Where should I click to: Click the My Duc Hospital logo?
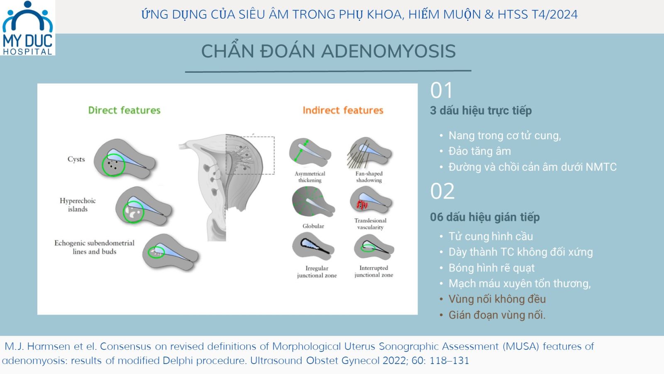click(x=27, y=28)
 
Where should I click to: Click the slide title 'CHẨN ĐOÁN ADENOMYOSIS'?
click(x=328, y=51)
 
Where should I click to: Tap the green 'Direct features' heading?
click(x=124, y=111)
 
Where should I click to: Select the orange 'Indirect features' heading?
click(x=343, y=111)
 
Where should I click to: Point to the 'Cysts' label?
click(x=76, y=159)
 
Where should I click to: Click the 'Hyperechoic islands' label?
click(x=78, y=205)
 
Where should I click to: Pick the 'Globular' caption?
click(x=313, y=226)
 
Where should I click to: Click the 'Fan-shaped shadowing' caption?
click(x=369, y=177)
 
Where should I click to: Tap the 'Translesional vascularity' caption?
click(x=370, y=224)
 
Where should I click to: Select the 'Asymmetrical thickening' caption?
click(x=310, y=177)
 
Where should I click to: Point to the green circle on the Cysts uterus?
click(x=103, y=165)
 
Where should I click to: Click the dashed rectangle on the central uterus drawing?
click(x=274, y=155)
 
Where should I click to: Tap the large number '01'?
click(x=442, y=90)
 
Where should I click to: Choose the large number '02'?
click(x=442, y=191)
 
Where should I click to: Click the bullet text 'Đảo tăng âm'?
click(x=480, y=151)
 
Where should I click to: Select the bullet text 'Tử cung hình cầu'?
click(x=491, y=236)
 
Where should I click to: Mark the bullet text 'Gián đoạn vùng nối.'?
click(x=497, y=315)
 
